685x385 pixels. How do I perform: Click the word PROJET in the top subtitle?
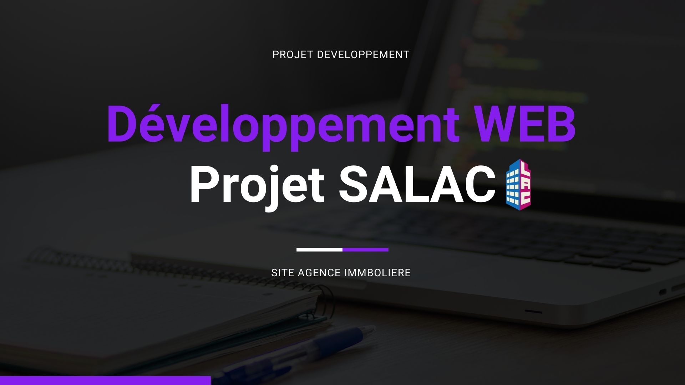[293, 55]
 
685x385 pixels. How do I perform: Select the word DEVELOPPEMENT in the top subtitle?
[363, 55]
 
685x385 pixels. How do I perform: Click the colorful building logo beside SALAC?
[518, 185]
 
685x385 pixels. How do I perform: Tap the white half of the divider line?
[320, 250]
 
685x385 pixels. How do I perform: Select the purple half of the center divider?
[366, 250]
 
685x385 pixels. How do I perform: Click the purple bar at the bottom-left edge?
[105, 380]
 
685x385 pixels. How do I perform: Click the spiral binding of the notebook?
[178, 271]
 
